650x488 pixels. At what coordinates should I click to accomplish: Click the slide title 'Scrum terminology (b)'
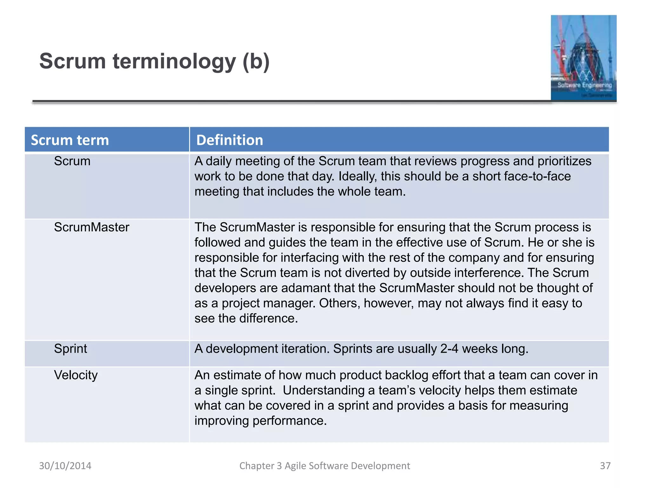(x=154, y=61)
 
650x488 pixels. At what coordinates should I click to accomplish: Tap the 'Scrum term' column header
(x=70, y=140)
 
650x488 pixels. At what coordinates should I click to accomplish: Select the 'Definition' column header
(x=229, y=140)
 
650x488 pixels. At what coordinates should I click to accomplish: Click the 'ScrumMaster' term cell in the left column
(x=91, y=227)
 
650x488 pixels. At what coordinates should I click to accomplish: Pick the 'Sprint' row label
(x=70, y=349)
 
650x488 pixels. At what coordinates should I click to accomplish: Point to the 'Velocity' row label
(x=76, y=375)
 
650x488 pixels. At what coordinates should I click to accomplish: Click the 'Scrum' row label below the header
(x=72, y=161)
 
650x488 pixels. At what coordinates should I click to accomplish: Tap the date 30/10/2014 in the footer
(x=65, y=466)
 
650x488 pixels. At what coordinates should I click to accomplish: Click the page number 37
(x=605, y=466)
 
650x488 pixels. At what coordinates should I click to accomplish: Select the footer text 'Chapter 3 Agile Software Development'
(x=324, y=466)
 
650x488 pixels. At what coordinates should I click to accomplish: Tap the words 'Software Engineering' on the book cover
(x=585, y=85)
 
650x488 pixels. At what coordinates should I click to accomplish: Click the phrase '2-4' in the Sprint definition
(x=449, y=349)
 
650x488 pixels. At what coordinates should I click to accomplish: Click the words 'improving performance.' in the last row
(x=260, y=421)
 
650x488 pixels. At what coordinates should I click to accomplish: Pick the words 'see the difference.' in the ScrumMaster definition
(x=246, y=318)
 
